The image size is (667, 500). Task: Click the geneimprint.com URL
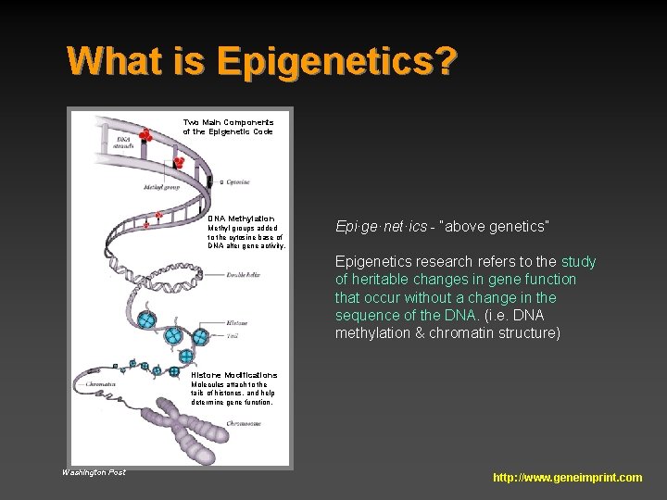567,478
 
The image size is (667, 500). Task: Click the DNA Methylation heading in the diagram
241,219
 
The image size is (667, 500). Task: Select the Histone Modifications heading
233,375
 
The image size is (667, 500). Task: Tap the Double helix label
243,275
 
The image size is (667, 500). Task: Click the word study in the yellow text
579,262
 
